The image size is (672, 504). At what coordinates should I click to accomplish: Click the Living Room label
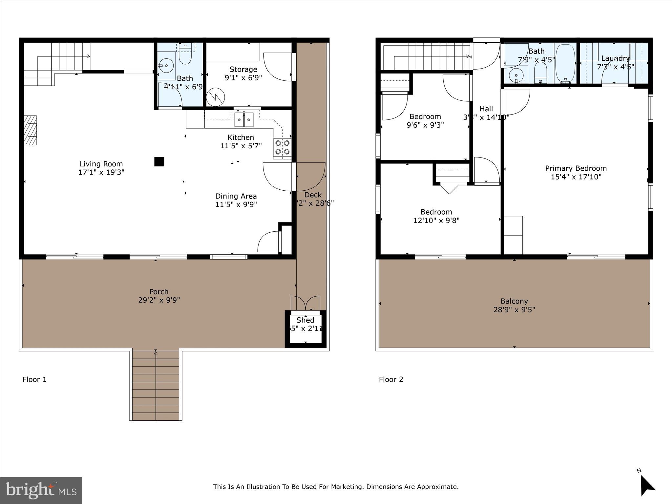(101, 164)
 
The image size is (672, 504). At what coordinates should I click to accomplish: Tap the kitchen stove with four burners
(282, 147)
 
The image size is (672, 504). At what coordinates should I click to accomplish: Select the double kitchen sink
(244, 119)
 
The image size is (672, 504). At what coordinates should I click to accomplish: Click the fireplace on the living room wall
(31, 130)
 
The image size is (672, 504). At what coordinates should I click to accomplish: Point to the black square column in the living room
(159, 161)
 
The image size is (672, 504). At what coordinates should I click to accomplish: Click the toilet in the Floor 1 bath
(185, 56)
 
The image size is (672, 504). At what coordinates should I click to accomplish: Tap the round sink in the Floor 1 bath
(166, 66)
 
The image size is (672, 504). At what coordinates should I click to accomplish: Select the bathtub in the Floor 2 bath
(565, 64)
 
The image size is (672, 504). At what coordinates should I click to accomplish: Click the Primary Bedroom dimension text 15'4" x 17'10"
(576, 177)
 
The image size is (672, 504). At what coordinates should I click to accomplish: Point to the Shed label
(305, 320)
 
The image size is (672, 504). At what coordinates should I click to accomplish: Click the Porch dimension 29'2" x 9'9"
(159, 300)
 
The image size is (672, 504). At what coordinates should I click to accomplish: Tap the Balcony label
(514, 301)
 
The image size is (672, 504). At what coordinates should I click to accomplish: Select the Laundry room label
(615, 58)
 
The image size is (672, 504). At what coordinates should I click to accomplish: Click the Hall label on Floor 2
(486, 109)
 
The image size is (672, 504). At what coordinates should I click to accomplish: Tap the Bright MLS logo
(41, 490)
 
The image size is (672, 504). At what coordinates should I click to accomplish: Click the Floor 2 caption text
(391, 379)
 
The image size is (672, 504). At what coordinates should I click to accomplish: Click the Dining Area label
(236, 196)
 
